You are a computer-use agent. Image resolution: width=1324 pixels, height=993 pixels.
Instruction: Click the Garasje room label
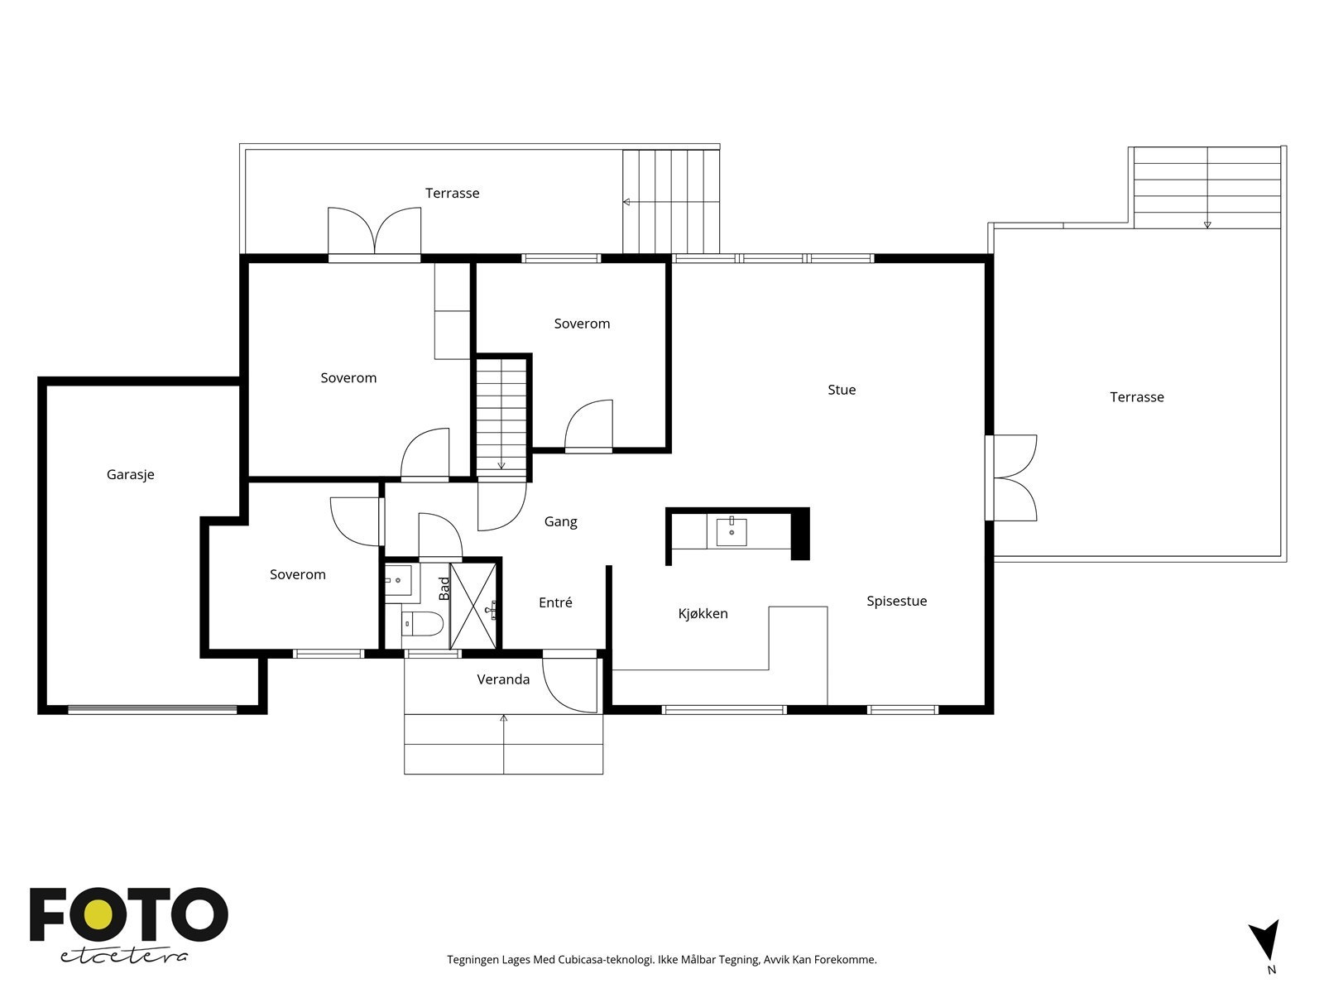coord(130,475)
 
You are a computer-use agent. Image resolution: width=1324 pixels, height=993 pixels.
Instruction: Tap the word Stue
coord(842,390)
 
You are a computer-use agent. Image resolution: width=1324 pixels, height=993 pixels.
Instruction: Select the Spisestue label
coord(896,602)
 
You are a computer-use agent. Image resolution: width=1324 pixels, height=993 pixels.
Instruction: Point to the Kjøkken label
coord(703,614)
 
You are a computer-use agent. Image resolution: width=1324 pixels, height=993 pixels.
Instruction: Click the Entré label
coord(555,602)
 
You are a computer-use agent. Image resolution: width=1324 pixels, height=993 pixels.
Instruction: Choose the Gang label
coord(560,522)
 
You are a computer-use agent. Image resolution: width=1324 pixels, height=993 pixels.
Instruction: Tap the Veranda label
coord(503,679)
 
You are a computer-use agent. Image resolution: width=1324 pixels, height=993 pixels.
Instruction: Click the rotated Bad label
coord(444,588)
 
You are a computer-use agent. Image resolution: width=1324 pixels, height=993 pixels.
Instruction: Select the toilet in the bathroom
coord(422,623)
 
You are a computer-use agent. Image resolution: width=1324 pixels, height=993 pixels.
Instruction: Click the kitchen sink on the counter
coord(731,532)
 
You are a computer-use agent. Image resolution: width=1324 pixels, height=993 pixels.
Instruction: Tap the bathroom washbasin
coord(398,580)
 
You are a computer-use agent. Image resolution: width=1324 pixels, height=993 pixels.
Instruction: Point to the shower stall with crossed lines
coord(473,606)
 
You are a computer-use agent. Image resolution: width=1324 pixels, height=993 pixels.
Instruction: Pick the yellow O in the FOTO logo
coord(98,914)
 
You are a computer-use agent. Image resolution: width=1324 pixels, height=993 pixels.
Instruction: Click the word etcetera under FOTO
coord(123,957)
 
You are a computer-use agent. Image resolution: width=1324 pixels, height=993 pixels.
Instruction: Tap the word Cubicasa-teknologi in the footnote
coord(606,959)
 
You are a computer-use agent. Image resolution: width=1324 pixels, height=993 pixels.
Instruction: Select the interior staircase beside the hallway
coord(501,417)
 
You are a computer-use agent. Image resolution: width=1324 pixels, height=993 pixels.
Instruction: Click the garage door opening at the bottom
coord(152,710)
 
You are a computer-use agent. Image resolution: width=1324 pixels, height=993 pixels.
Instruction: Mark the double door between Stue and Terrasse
coord(1011,477)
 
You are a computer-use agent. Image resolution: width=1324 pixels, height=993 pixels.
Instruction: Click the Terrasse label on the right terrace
coord(1136,397)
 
